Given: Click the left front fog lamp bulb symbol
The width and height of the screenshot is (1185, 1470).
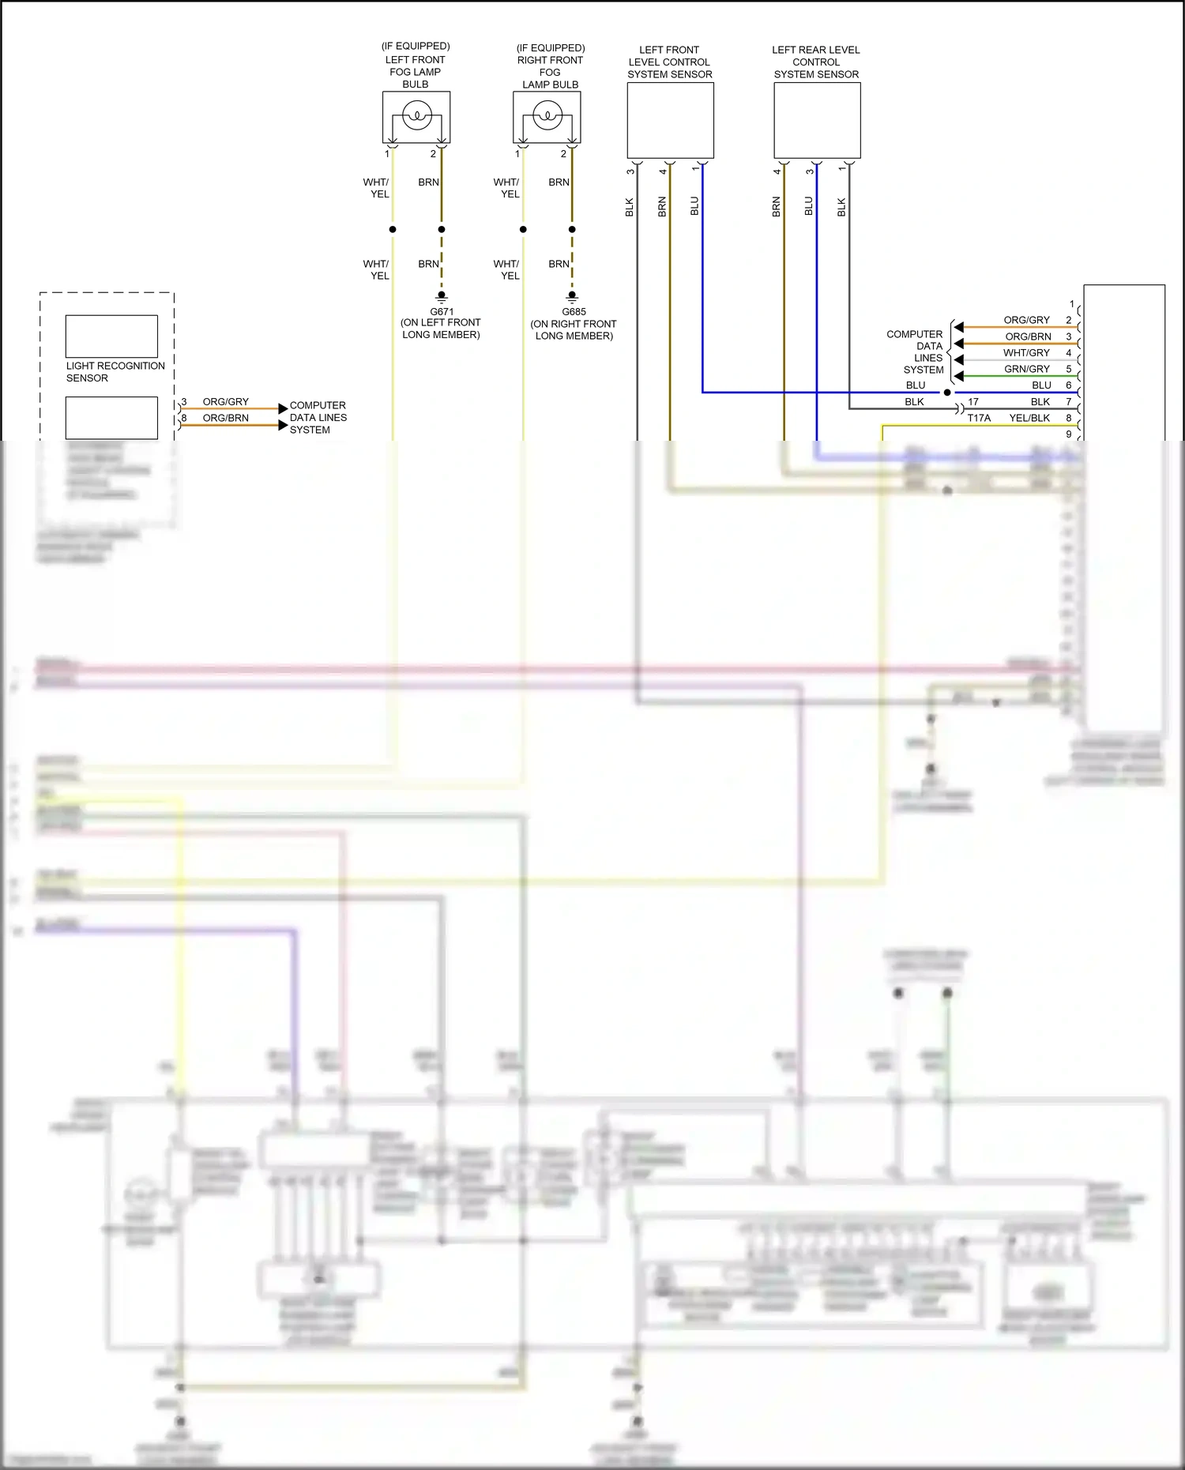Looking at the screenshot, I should pos(416,117).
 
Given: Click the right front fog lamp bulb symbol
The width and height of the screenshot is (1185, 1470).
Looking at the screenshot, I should pos(547,117).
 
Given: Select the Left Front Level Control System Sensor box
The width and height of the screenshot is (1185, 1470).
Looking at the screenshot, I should pos(670,120).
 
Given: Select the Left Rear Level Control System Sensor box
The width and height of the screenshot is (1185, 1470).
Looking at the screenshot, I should pos(817,120).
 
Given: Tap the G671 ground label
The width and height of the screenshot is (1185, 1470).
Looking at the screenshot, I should pos(442,312).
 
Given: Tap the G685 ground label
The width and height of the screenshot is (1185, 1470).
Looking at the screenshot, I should pos(574,312).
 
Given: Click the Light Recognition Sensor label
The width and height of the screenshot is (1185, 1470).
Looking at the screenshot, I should pos(115,371).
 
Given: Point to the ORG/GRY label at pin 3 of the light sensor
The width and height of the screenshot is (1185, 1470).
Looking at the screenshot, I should pos(225,402).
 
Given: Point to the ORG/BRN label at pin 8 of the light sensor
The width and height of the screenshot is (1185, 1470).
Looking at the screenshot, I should pos(225,418).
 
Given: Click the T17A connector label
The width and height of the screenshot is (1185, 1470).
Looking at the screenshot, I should pos(979,418).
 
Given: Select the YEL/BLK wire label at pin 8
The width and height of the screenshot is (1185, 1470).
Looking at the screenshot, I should pos(1029,418).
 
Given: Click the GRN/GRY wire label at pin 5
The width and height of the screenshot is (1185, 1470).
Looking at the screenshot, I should pos(1027,369).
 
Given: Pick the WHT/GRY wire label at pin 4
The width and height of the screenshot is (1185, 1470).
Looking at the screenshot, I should pos(1027,353).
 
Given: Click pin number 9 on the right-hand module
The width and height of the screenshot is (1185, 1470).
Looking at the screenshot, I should pos(1069,434).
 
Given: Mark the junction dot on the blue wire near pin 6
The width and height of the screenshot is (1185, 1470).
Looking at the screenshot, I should pos(948,393).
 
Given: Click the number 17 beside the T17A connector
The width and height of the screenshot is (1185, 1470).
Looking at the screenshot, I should pos(973,402).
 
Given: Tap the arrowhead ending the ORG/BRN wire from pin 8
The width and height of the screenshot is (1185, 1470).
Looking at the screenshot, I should pos(283,426).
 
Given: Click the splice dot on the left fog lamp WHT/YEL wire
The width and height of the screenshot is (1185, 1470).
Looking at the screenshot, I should pos(393,230).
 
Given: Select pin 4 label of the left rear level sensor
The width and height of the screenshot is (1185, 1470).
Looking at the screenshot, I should pos(777,171).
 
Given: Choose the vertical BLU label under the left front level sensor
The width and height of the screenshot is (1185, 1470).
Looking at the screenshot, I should pos(694,206).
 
